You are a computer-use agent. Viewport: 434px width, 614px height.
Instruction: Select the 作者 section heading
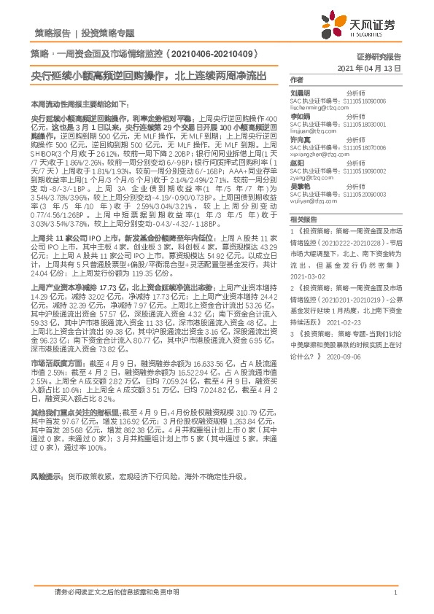coord(296,79)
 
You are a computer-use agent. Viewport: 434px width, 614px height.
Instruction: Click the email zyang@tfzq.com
coord(308,176)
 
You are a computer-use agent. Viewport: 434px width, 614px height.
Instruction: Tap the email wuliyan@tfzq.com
coord(311,201)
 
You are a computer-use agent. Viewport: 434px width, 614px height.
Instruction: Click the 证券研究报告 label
coord(379,56)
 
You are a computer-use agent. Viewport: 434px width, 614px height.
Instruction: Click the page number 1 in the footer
coord(395,594)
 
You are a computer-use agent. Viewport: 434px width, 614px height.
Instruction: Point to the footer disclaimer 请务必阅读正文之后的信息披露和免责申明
coord(116,593)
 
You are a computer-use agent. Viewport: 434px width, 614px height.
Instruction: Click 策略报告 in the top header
coord(53,34)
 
